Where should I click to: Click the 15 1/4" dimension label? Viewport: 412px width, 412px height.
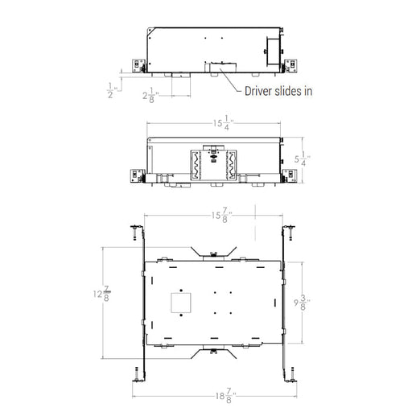tap(223, 123)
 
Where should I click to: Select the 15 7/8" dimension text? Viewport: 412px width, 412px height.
tap(221, 215)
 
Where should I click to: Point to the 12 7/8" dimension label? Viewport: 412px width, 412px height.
tap(102, 294)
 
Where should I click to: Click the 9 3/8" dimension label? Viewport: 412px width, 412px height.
tap(302, 303)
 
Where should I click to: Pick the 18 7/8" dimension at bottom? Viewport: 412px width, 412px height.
tap(226, 396)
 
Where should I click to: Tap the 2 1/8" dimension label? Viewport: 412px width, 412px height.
tap(150, 95)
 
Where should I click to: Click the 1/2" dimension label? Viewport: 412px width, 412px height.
tap(112, 90)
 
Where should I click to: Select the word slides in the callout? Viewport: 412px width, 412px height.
tap(288, 91)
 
